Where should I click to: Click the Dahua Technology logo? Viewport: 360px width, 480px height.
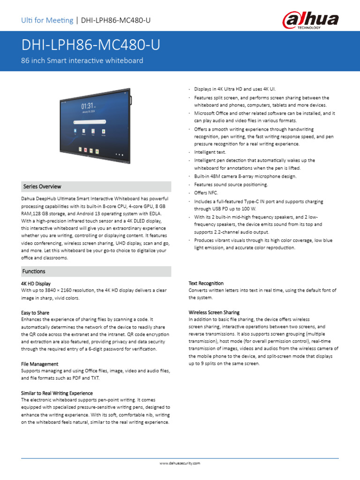(x=310, y=20)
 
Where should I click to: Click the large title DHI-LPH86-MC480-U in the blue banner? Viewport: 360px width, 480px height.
(x=90, y=45)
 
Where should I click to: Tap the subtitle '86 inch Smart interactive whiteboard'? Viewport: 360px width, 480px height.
(x=82, y=61)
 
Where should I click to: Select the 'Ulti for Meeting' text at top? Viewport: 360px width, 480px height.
(x=47, y=20)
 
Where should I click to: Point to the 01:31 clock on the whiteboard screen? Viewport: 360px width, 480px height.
(x=88, y=106)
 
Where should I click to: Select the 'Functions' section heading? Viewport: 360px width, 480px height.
(x=34, y=271)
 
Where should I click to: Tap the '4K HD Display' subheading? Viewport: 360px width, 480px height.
(x=36, y=284)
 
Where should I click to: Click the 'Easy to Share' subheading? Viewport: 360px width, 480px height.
(x=35, y=313)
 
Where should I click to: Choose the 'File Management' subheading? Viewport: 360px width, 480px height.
(x=40, y=364)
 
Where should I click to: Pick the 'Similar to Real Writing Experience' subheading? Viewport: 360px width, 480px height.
(x=57, y=393)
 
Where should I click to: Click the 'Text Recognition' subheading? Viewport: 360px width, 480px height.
(x=206, y=284)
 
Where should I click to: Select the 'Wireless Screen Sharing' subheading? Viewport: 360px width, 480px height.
(x=214, y=312)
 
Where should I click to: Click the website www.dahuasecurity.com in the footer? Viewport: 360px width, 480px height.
(x=180, y=463)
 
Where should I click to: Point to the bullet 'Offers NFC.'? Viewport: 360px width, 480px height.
(x=206, y=193)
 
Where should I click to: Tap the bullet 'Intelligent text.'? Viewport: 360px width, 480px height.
(x=210, y=152)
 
